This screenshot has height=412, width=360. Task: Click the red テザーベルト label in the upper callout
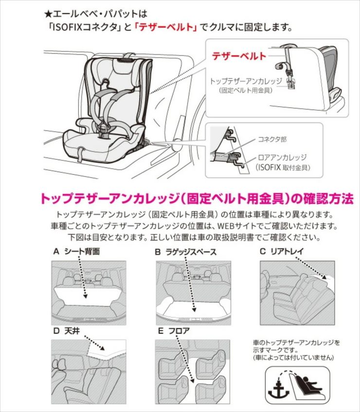point(239,56)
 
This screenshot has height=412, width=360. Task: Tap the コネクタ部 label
point(272,140)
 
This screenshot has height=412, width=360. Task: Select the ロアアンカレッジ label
point(283,158)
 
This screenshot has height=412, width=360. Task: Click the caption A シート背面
point(77,251)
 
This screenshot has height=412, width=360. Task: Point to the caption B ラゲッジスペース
point(185,252)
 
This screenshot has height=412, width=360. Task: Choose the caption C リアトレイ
point(281,251)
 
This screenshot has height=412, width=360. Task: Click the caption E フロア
point(174,331)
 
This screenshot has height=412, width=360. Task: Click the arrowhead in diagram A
point(85,296)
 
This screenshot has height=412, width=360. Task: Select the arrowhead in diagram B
point(194,310)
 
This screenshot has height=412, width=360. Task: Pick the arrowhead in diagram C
point(325,277)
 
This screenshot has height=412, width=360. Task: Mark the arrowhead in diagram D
point(102,348)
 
